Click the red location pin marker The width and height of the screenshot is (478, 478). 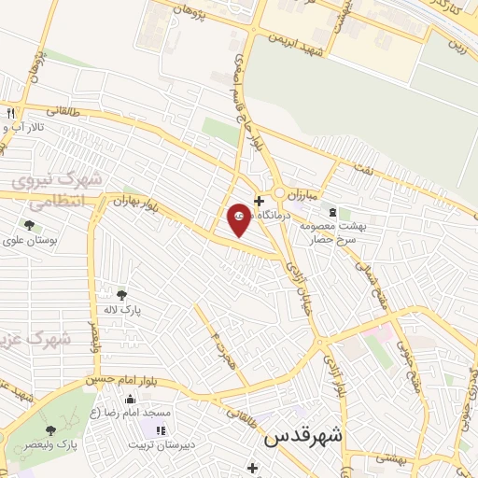pos(239,218)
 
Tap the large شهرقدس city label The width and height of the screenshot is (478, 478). pos(303,435)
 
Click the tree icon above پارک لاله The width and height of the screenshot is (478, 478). pos(120,295)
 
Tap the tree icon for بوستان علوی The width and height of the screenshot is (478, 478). pos(30,225)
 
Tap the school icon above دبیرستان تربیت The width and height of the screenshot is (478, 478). pos(161,430)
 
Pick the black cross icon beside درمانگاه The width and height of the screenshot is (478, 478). pos(259,200)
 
